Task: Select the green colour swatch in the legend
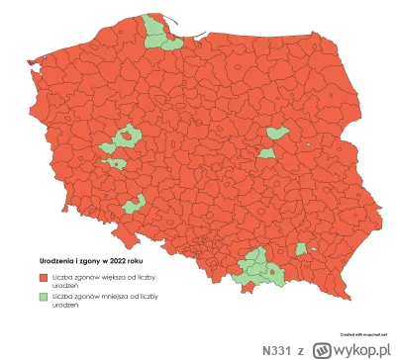(x=45, y=294)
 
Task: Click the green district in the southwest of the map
(x=135, y=203)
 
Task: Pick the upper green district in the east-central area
(x=277, y=133)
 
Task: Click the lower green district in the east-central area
(x=266, y=153)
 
